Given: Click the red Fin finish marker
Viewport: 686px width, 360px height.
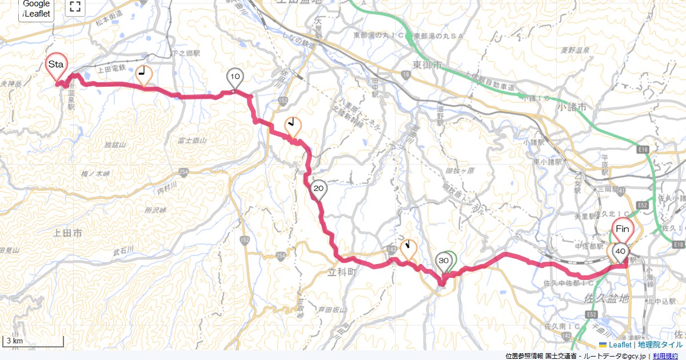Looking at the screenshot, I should tap(623, 230).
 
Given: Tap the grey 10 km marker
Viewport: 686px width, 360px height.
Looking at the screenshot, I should tap(235, 77).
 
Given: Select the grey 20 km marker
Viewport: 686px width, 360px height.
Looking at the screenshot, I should tap(319, 189).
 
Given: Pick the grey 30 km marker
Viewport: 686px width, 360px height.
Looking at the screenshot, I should tap(443, 261).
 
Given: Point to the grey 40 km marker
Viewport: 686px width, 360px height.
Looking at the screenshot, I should tap(621, 251).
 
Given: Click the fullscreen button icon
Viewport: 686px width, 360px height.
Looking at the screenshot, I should tap(75, 7).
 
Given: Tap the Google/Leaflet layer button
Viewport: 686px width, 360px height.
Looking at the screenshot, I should tap(37, 9).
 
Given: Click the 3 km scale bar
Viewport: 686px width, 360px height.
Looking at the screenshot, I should tap(33, 342).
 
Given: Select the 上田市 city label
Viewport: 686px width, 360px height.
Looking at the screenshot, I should tap(67, 233).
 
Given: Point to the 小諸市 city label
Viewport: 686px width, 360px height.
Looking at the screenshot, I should tap(573, 107).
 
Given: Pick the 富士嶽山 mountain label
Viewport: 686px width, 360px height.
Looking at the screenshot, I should tap(192, 139).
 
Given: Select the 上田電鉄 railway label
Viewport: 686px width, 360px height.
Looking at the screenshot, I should tap(110, 69).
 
